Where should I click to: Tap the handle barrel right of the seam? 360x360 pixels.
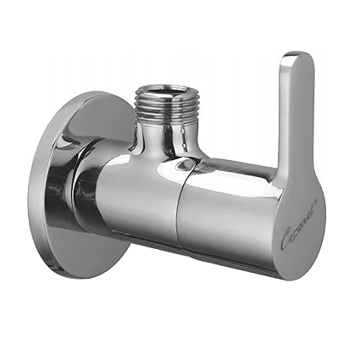220,212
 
